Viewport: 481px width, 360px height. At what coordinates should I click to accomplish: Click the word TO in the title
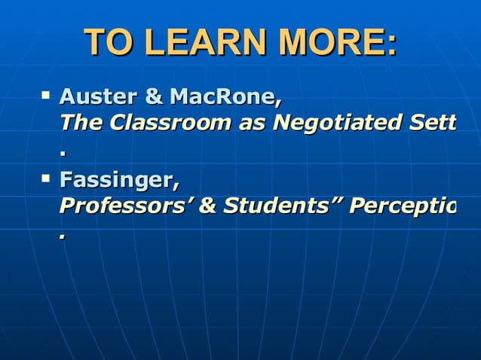(x=109, y=43)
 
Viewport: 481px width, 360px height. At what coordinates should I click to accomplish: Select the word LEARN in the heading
(x=198, y=43)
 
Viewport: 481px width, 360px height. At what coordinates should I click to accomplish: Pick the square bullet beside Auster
(x=47, y=96)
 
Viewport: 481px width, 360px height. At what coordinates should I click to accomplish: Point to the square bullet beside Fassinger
(x=47, y=179)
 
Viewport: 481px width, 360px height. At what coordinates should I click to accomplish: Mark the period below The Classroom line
(x=64, y=154)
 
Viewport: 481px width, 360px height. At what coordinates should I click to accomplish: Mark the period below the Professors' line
(x=63, y=238)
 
